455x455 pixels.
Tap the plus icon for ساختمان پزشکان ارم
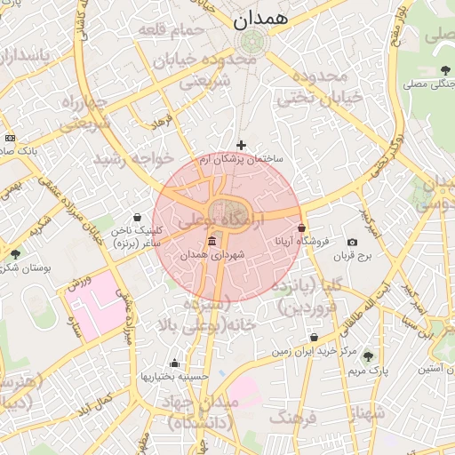click(241, 145)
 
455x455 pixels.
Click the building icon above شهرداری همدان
click(212, 242)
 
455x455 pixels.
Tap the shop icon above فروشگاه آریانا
click(302, 227)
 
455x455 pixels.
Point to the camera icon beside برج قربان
click(353, 243)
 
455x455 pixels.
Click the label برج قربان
click(352, 257)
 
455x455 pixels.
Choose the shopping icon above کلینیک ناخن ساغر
click(137, 217)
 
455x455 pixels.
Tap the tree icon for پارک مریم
click(369, 355)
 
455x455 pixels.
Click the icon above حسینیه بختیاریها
click(174, 363)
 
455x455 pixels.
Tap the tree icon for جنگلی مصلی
click(445, 70)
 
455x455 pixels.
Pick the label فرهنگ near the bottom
click(291, 418)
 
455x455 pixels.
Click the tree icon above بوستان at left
click(15, 254)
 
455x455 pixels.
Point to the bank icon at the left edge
click(10, 138)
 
